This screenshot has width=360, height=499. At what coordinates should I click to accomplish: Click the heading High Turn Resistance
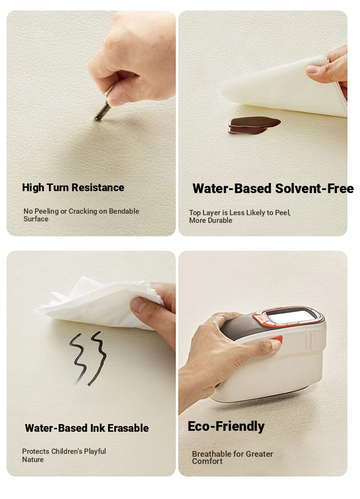[73, 187]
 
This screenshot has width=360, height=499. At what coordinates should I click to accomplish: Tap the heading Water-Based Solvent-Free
[273, 188]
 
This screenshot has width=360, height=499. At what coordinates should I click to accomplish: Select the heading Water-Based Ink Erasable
[86, 428]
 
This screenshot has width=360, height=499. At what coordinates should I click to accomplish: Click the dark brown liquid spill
[254, 125]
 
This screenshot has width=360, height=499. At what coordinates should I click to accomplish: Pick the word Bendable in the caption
[124, 211]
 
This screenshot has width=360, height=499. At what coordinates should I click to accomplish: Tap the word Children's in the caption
[66, 451]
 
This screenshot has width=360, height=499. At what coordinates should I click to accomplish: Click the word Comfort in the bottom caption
[207, 462]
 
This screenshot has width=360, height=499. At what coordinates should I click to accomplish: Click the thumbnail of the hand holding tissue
[91, 363]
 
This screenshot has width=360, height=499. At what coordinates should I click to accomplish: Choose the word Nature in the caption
[33, 460]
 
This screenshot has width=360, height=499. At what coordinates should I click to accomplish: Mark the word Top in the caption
[194, 213]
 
